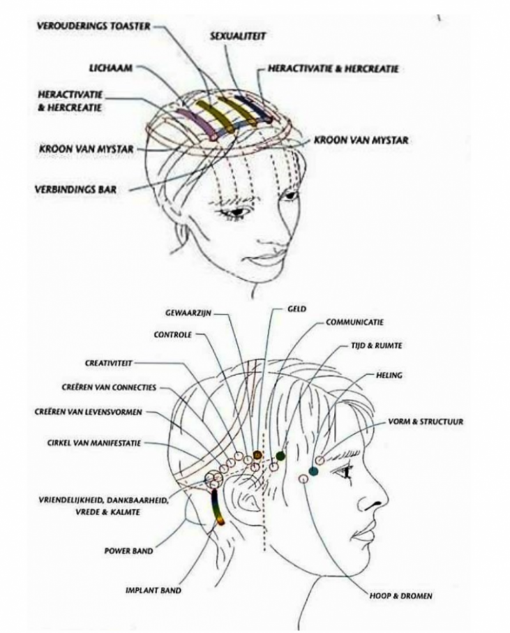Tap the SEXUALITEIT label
tap(238, 37)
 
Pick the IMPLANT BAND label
tap(153, 590)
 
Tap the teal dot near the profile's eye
tap(313, 472)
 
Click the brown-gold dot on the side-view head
tap(258, 454)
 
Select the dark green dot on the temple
tap(280, 456)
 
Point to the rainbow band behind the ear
tap(217, 508)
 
